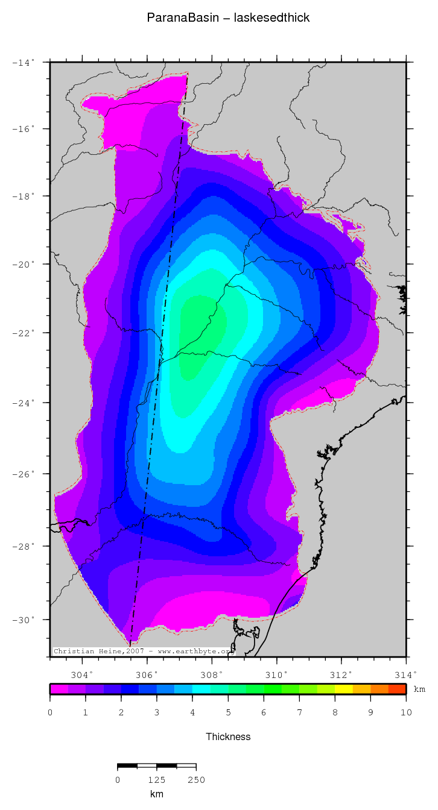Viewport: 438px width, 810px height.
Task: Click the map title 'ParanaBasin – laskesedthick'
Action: (228, 18)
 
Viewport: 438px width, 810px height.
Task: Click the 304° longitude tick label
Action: (82, 674)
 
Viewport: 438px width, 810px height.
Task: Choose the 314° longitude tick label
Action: (405, 674)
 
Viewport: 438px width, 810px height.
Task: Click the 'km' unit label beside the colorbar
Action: (419, 689)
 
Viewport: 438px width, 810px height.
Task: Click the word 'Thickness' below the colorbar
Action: (228, 736)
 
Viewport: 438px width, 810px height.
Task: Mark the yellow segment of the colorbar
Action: (343, 689)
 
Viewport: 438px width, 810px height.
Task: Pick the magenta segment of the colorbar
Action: (59, 689)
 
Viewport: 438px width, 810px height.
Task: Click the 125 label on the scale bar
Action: (157, 780)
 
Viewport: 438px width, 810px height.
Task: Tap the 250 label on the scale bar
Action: (196, 780)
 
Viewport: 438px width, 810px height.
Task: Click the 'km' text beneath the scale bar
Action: (157, 794)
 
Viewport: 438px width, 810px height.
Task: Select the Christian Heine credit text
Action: (142, 651)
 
